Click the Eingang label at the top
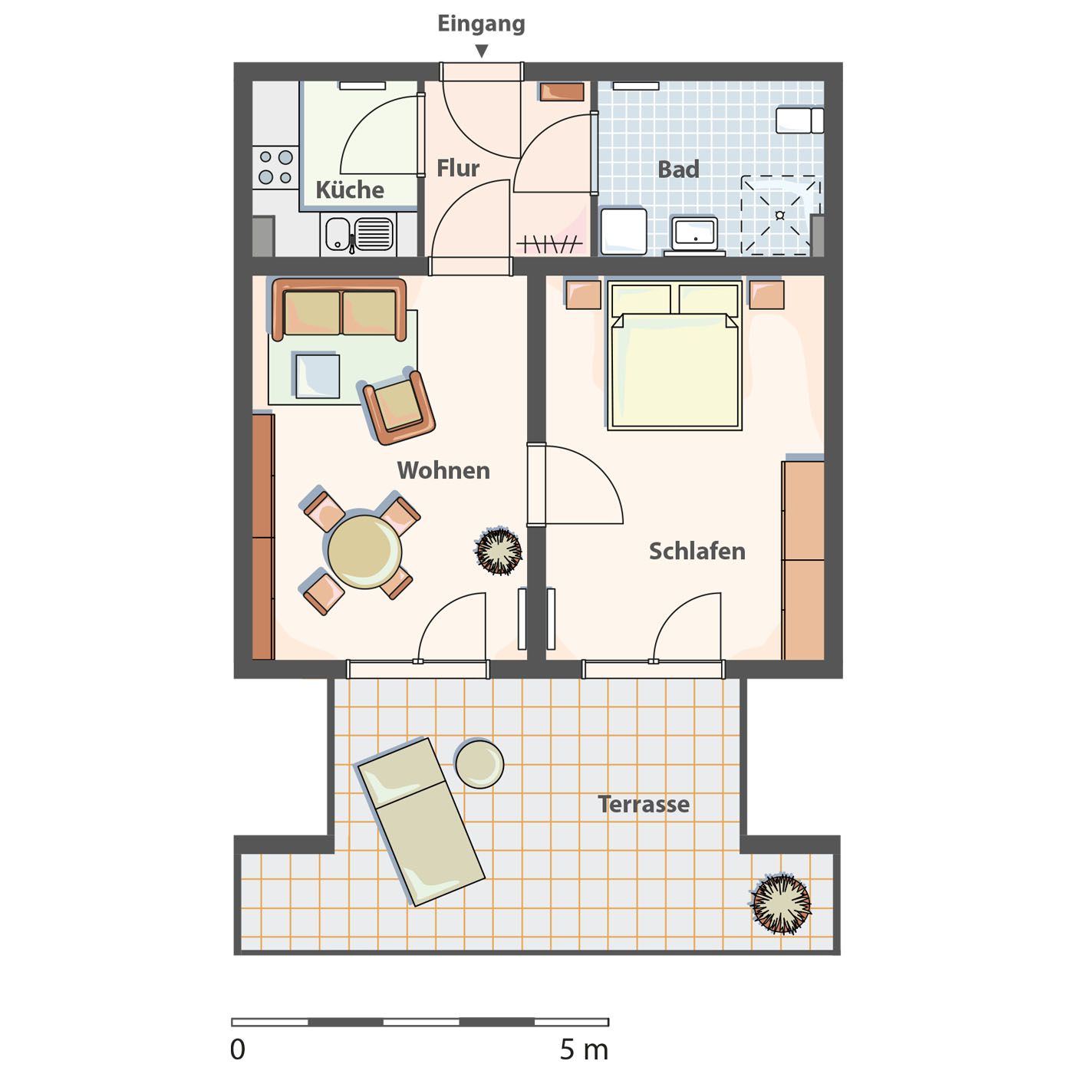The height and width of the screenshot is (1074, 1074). pyautogui.click(x=481, y=24)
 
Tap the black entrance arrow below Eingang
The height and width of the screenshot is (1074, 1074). pyautogui.click(x=482, y=51)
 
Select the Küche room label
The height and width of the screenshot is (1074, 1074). pyautogui.click(x=350, y=189)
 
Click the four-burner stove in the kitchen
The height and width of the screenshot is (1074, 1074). pyautogui.click(x=275, y=167)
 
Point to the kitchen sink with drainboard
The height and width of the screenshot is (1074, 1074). pyautogui.click(x=358, y=235)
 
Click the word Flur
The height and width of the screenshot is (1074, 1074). pyautogui.click(x=457, y=168)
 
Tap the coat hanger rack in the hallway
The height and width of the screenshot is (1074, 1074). pyautogui.click(x=549, y=243)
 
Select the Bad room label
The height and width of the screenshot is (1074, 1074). pyautogui.click(x=677, y=169)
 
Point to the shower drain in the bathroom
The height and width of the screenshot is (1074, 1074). pyautogui.click(x=779, y=215)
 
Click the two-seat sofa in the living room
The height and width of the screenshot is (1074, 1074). pyautogui.click(x=339, y=309)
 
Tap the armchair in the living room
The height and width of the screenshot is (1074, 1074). pyautogui.click(x=398, y=407)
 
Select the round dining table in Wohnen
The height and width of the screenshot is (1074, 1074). pyautogui.click(x=364, y=552)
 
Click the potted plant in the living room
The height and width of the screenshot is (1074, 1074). pyautogui.click(x=499, y=551)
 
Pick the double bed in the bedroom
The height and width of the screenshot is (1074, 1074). pyautogui.click(x=674, y=356)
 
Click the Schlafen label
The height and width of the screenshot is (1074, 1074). pyautogui.click(x=697, y=551)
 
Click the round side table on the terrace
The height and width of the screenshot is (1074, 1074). pyautogui.click(x=479, y=763)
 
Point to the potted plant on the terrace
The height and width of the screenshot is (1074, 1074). pyautogui.click(x=781, y=904)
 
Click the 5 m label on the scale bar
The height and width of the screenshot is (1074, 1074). pyautogui.click(x=584, y=1050)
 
